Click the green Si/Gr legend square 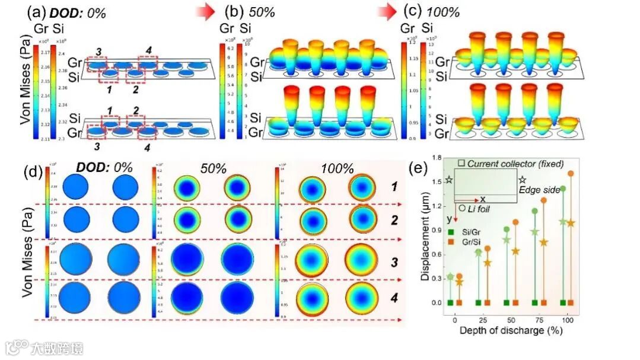(451, 232)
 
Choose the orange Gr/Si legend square (451, 243)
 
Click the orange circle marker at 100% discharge (571, 174)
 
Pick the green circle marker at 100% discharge (563, 189)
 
